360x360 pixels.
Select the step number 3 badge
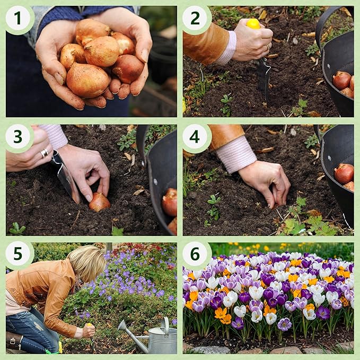pyautogui.click(x=18, y=137)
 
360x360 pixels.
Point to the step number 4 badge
pyautogui.click(x=195, y=137)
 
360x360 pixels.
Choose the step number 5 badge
pyautogui.click(x=18, y=255)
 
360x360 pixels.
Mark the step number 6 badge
pyautogui.click(x=195, y=255)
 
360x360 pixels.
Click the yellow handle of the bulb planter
pyautogui.click(x=253, y=24)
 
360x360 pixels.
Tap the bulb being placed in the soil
pyautogui.click(x=99, y=202)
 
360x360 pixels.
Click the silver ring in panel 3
pyautogui.click(x=45, y=153)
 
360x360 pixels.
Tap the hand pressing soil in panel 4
pyautogui.click(x=265, y=183)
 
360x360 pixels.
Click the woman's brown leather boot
pyautogui.click(x=16, y=341)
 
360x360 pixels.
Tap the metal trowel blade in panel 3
pyautogui.click(x=66, y=178)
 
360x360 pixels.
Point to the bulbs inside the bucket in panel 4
pyautogui.click(x=345, y=175)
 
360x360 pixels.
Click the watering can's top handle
pyautogui.click(x=165, y=324)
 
